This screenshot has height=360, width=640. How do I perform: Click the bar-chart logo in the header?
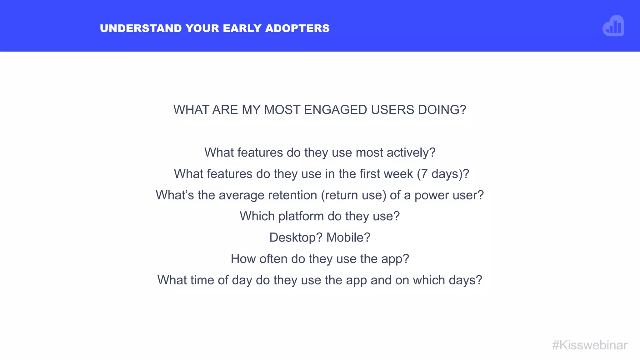click(613, 26)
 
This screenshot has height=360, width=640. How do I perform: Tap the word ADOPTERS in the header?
click(297, 28)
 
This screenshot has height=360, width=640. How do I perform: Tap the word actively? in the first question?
click(411, 153)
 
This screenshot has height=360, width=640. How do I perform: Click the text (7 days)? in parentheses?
click(443, 174)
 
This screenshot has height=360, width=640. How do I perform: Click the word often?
click(273, 259)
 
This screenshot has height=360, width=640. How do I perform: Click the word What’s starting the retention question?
click(175, 195)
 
